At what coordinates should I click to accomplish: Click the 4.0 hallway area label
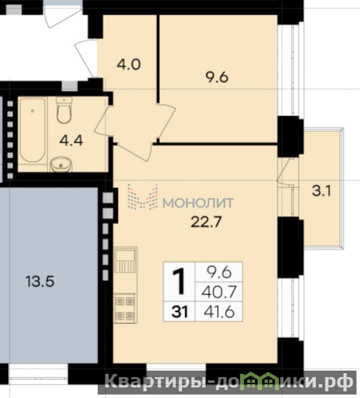pyautogui.click(x=129, y=64)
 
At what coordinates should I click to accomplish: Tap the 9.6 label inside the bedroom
pyautogui.click(x=217, y=77)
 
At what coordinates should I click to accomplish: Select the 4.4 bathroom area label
pyautogui.click(x=71, y=140)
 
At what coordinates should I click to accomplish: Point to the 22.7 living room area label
pyautogui.click(x=206, y=222)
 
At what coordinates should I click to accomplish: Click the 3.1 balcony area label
pyautogui.click(x=322, y=191)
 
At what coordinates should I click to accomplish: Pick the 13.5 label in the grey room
pyautogui.click(x=40, y=281)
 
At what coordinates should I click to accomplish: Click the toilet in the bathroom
pyautogui.click(x=64, y=110)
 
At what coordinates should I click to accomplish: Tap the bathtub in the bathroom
pyautogui.click(x=33, y=131)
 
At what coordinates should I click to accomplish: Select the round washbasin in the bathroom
pyautogui.click(x=61, y=164)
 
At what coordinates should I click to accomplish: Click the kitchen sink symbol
pyautogui.click(x=125, y=260)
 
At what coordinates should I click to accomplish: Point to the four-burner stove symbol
pyautogui.click(x=125, y=308)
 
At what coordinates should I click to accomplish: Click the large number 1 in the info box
pyautogui.click(x=180, y=281)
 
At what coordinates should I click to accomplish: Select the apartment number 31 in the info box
pyautogui.click(x=180, y=311)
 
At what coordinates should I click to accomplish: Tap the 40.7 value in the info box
pyautogui.click(x=219, y=292)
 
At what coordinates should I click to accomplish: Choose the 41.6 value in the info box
pyautogui.click(x=219, y=312)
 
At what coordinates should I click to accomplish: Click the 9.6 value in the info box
pyautogui.click(x=219, y=272)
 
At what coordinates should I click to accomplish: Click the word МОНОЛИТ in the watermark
pyautogui.click(x=198, y=203)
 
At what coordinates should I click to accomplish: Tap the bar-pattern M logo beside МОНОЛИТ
pyautogui.click(x=143, y=197)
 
